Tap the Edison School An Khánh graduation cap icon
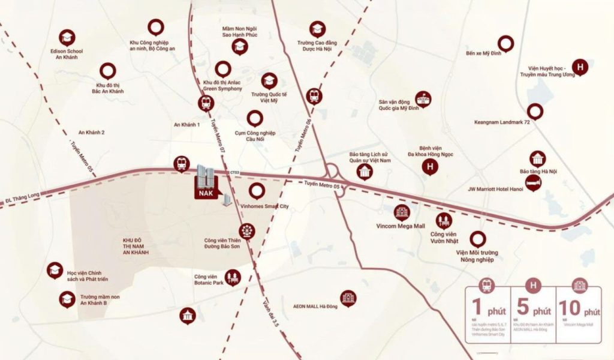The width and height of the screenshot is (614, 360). (67, 37)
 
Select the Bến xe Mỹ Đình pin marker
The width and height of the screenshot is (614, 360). (506, 43)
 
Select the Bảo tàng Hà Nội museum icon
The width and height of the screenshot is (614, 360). (537, 158)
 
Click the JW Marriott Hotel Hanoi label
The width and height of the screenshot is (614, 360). (495, 188)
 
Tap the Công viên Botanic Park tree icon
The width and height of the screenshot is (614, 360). (233, 277)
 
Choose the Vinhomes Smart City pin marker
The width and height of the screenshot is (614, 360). (257, 191)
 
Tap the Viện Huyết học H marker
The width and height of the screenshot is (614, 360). (580, 68)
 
